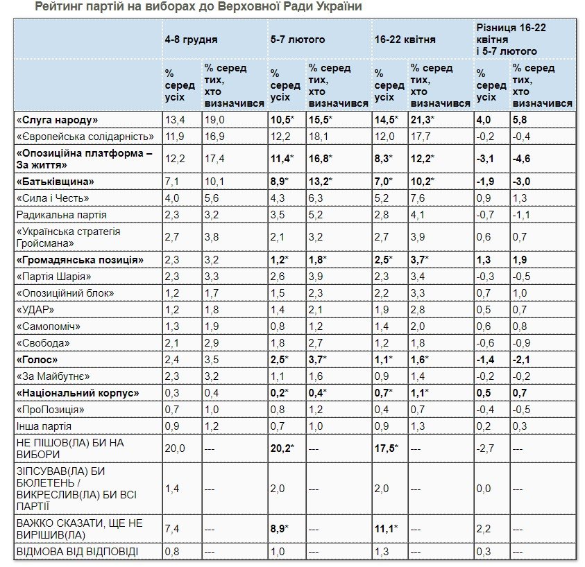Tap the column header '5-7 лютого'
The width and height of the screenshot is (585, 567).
click(297, 40)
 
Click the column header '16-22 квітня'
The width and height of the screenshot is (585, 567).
click(405, 40)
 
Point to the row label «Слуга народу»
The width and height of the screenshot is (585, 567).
click(57, 119)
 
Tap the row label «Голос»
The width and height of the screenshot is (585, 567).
click(37, 360)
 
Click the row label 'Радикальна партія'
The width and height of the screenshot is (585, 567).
click(62, 215)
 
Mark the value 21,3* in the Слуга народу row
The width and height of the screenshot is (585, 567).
click(423, 119)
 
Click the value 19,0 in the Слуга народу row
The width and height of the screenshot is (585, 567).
click(214, 119)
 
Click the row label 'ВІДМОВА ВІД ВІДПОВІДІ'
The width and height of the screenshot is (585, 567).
click(77, 552)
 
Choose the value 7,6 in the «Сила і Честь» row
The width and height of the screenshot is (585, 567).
click(418, 198)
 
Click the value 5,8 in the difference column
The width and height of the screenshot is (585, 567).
click(520, 119)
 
